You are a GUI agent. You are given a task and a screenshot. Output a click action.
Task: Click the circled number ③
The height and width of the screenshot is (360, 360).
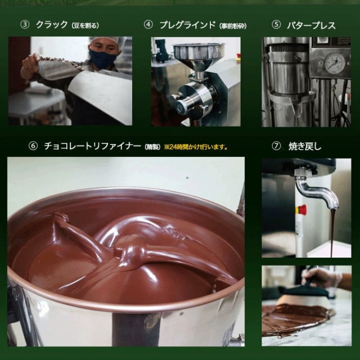pos(25,25)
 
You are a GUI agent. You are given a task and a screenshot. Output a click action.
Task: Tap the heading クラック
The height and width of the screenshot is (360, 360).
pos(52,25)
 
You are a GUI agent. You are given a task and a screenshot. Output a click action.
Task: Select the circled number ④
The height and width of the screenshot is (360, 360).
pos(148,25)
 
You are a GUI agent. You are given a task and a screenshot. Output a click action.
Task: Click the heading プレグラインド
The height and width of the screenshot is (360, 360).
pos(187,25)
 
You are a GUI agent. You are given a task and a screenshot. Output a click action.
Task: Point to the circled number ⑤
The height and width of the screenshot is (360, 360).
pos(276,25)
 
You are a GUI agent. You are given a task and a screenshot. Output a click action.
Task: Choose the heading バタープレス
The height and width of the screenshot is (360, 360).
pos(311,25)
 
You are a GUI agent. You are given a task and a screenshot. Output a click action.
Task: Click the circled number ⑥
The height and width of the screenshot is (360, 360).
pos(33,146)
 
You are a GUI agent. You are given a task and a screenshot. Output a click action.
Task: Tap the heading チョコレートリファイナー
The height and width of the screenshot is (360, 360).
pos(92,146)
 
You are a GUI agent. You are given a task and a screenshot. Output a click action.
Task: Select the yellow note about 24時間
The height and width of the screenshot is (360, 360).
pos(196,147)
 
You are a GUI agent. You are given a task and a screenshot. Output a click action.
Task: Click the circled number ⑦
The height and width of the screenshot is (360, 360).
pos(276,146)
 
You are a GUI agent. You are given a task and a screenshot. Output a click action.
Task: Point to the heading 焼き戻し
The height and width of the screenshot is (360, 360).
pos(305,146)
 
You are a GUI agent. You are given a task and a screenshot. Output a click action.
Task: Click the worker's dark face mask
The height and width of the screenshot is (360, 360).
pos(102,58)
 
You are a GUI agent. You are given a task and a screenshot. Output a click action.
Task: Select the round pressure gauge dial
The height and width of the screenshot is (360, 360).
pos(334,63)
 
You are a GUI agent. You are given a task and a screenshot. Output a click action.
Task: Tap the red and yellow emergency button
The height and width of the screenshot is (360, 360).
pos(301,210)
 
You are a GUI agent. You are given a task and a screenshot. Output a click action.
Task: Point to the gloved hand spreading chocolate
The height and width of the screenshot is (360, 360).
pos(322,278)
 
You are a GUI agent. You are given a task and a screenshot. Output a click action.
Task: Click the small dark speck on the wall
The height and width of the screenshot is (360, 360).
pos(187,178)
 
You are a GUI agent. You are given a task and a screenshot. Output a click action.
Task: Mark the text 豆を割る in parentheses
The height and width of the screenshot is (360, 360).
pos(85,25)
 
